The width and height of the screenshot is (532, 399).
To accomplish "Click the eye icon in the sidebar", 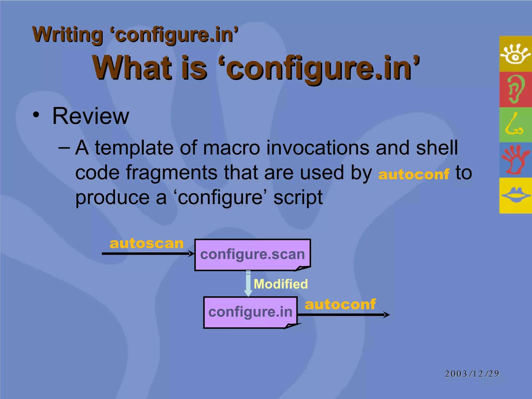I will [x=515, y=54].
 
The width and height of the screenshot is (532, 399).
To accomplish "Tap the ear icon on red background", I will [x=515, y=89].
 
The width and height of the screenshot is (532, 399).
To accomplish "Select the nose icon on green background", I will [x=514, y=125].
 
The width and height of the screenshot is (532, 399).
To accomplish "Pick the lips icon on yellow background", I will [x=515, y=195].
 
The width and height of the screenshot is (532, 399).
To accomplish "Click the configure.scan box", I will [x=252, y=255].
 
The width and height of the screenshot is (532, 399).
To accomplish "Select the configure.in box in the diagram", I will [x=250, y=312].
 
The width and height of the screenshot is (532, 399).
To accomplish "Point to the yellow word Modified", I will [x=281, y=284].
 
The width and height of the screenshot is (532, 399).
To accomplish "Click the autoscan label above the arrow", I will [x=147, y=244].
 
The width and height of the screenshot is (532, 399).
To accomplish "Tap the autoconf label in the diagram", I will [x=340, y=304].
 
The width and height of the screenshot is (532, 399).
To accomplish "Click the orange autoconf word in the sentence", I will [x=414, y=174].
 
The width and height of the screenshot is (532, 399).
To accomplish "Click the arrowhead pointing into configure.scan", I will [x=192, y=254].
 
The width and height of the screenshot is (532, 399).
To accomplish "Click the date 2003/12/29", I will [x=472, y=374].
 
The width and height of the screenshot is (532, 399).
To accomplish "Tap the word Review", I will [x=90, y=116].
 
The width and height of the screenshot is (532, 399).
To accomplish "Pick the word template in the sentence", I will [x=134, y=148].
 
